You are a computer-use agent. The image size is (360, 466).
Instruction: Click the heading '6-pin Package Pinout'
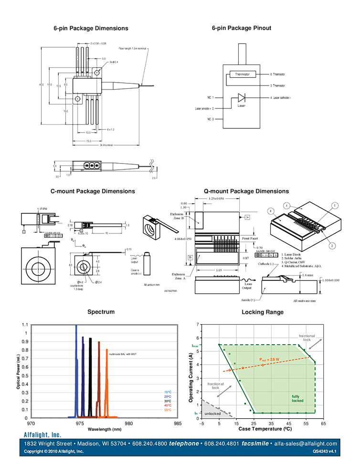click(x=241, y=28)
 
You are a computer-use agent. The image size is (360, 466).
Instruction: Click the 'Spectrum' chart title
click(x=100, y=312)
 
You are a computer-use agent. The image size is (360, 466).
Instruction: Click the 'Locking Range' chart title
click(x=262, y=312)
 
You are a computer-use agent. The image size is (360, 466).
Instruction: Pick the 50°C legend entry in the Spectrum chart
click(x=167, y=410)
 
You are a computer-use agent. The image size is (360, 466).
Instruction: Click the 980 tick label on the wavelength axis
click(x=128, y=423)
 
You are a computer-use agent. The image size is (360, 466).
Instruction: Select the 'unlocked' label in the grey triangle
click(x=212, y=413)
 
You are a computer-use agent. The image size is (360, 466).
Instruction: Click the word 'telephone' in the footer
click(x=184, y=444)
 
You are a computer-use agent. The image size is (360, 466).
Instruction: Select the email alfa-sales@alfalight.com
click(x=306, y=444)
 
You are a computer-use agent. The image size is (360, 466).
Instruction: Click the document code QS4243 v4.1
click(x=325, y=451)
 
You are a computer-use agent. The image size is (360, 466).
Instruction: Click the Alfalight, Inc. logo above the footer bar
click(x=42, y=434)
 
